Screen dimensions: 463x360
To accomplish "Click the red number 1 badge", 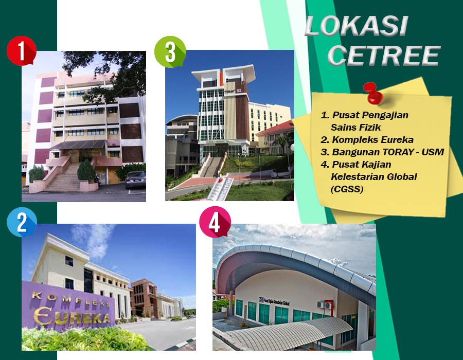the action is [x=21, y=51].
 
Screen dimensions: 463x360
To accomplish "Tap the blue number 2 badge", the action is [x=22, y=222].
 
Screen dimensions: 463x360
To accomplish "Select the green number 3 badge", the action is [x=170, y=52].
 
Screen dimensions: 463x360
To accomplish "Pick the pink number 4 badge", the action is [x=215, y=222].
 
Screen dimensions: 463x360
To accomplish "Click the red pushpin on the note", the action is [x=374, y=94].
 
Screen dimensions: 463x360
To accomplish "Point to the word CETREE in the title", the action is [x=384, y=56].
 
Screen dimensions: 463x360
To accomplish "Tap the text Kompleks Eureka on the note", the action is [x=367, y=139].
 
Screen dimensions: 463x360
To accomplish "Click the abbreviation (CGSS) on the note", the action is [x=347, y=189].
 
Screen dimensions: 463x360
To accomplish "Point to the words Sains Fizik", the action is [x=356, y=127].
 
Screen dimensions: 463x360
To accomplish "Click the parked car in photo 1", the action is [x=135, y=179].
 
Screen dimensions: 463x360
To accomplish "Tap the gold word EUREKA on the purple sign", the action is [x=72, y=316].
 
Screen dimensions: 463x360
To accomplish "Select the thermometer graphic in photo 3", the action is [x=220, y=189].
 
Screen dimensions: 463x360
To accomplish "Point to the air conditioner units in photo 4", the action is [x=324, y=304].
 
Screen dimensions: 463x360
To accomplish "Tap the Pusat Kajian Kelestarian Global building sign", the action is [x=274, y=301].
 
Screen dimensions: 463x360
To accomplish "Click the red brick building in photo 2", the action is [x=144, y=298].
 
